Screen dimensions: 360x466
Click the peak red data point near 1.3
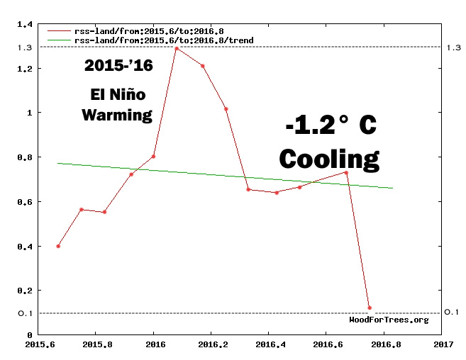pos(176,49)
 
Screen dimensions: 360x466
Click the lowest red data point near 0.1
pos(370,308)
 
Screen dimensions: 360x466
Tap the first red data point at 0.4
pos(58,246)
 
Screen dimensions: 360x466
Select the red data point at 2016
pos(153,157)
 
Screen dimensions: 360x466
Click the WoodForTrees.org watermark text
pos(389,320)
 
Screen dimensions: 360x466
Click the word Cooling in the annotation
pos(329,158)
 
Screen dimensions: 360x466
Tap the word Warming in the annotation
pos(117,115)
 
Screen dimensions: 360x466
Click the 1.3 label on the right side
pos(453,47)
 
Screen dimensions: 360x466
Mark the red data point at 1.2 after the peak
pos(202,66)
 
